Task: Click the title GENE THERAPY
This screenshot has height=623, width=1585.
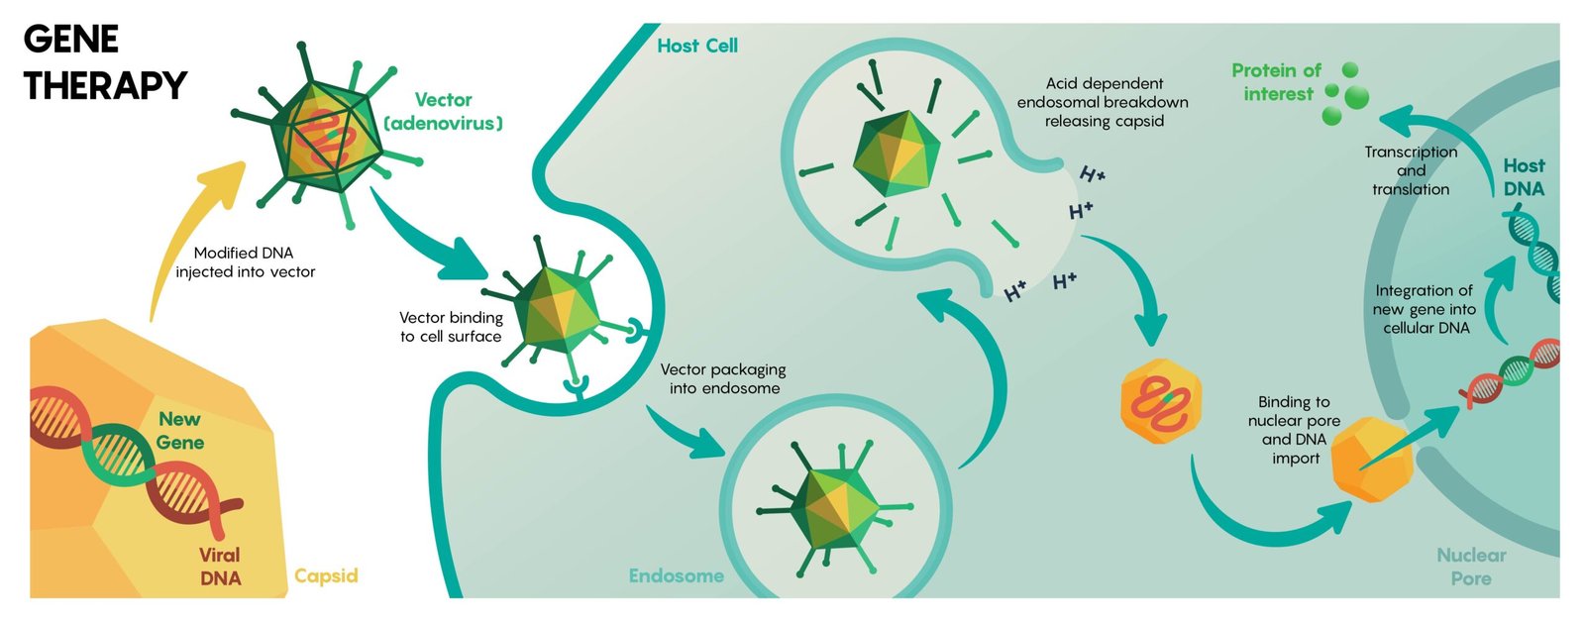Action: click(x=104, y=62)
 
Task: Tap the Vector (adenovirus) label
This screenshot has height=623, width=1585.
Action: click(x=443, y=112)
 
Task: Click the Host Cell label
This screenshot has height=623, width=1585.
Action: click(x=697, y=46)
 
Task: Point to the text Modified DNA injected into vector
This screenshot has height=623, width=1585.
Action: click(x=245, y=262)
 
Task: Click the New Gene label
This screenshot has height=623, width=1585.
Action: click(x=180, y=431)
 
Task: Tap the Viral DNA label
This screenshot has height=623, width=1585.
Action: click(x=220, y=567)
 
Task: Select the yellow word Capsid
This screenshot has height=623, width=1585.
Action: click(x=326, y=576)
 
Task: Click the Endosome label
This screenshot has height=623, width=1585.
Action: click(x=676, y=575)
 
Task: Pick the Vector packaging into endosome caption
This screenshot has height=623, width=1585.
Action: click(x=723, y=378)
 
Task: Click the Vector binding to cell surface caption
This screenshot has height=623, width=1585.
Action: click(x=451, y=327)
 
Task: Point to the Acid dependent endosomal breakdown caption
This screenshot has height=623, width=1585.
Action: click(x=1103, y=102)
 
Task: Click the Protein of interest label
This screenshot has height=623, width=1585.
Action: click(x=1276, y=82)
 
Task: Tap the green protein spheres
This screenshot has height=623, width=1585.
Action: click(x=1346, y=95)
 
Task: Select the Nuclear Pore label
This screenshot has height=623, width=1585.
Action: click(x=1471, y=567)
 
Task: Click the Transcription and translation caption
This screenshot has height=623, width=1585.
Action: click(x=1411, y=170)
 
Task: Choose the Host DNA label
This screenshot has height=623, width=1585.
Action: click(x=1524, y=177)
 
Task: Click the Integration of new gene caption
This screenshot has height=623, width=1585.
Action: click(x=1424, y=309)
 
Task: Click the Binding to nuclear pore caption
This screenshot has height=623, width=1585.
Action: click(x=1294, y=430)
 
